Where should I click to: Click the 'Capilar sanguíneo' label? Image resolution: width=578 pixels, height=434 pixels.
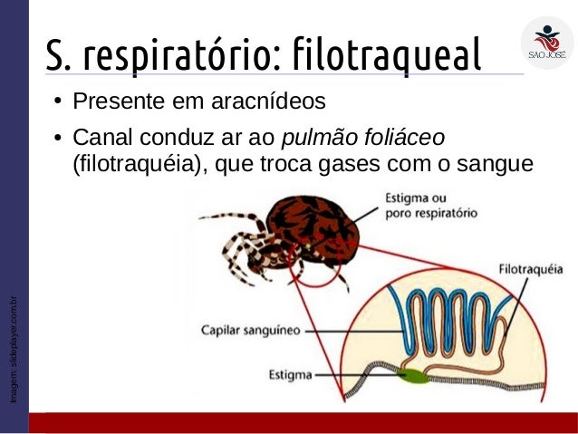click(x=250, y=331)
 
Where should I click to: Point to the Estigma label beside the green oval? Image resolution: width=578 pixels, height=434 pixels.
click(x=291, y=373)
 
